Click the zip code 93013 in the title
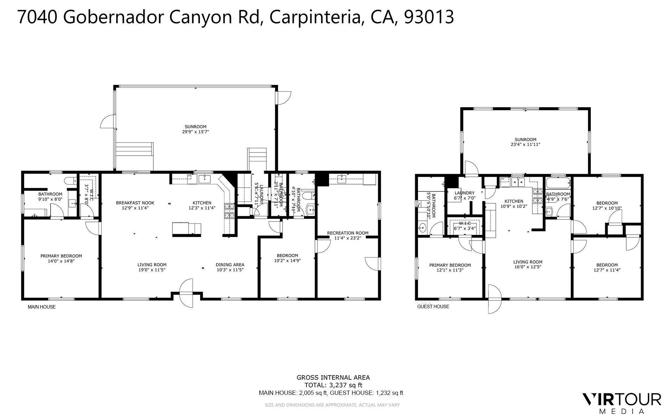[429, 17]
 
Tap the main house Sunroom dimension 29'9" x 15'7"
[196, 132]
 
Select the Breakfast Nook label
[135, 203]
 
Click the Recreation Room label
[348, 233]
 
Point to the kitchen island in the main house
[186, 229]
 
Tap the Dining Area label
[230, 265]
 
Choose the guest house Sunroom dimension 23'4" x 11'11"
[525, 144]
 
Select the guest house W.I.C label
[464, 223]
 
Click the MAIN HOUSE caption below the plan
[42, 307]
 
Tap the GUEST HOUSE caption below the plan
[433, 306]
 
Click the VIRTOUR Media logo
[622, 403]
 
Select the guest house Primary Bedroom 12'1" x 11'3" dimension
[450, 270]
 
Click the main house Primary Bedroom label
[61, 256]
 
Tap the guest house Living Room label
[527, 262]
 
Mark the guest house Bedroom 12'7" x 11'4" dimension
[607, 270]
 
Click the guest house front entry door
[494, 299]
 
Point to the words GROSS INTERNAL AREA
[333, 378]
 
